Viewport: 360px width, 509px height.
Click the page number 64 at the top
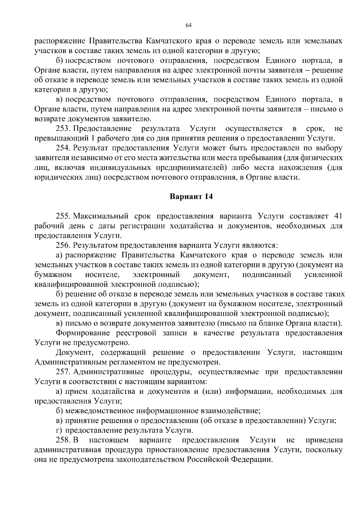coord(188,25)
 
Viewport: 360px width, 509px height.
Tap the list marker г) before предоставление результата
coord(59,430)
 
